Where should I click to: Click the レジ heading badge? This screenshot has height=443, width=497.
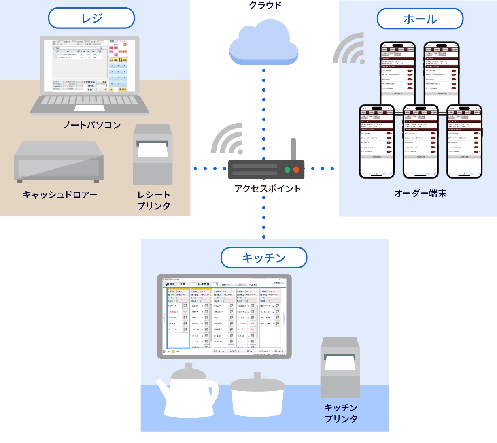tap(91, 18)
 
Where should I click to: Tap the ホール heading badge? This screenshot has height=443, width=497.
tap(420, 19)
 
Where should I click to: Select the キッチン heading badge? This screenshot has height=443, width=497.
tap(264, 258)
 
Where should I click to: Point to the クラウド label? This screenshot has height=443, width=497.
tap(265, 5)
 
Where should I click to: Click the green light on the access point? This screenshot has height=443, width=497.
tap(287, 170)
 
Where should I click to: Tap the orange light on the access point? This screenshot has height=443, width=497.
tap(296, 170)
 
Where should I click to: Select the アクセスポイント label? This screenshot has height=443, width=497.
tap(268, 189)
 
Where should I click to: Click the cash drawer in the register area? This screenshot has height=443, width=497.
tap(59, 162)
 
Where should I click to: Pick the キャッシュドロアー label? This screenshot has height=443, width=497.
tap(60, 195)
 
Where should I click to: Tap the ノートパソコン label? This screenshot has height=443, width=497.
tap(92, 125)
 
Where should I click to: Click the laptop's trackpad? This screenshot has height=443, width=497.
tap(89, 108)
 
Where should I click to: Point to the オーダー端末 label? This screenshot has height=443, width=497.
tap(420, 194)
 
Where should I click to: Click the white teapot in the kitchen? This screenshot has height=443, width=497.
tap(188, 391)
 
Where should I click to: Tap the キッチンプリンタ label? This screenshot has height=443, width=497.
tap(341, 413)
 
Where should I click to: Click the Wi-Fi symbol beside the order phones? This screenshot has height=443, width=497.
tap(349, 49)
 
